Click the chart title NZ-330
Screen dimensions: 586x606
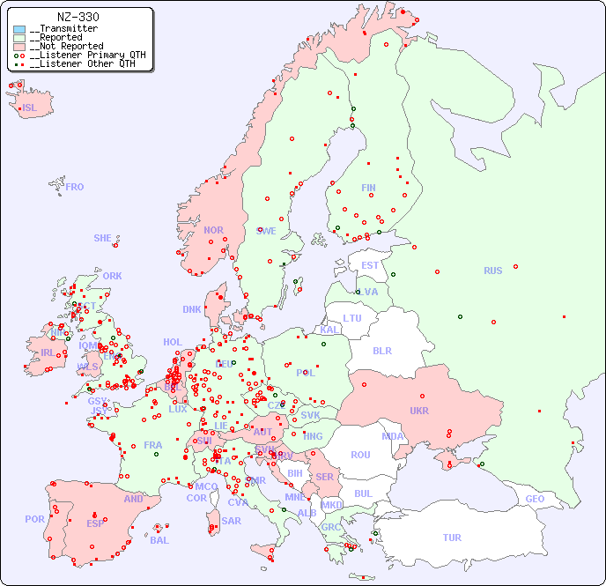(78, 17)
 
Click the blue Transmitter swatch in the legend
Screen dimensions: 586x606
(19, 29)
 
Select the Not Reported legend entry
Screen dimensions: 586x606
(65, 46)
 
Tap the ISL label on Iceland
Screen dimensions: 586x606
(30, 108)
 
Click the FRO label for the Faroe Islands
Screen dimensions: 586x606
(75, 187)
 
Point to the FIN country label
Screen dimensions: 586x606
(368, 188)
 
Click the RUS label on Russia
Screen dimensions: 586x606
(492, 271)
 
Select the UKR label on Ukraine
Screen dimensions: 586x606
(418, 411)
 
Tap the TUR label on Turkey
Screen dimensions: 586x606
(452, 538)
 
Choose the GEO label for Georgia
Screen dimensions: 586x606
(535, 499)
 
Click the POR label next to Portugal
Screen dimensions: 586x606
(34, 519)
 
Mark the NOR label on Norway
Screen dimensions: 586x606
(213, 230)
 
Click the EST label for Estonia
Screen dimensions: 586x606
(370, 265)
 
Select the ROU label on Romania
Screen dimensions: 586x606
(360, 455)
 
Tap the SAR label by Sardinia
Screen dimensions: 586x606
(231, 521)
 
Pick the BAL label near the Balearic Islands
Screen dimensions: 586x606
(159, 540)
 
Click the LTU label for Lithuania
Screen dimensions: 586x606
(352, 318)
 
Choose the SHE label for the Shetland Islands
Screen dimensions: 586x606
(103, 238)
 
